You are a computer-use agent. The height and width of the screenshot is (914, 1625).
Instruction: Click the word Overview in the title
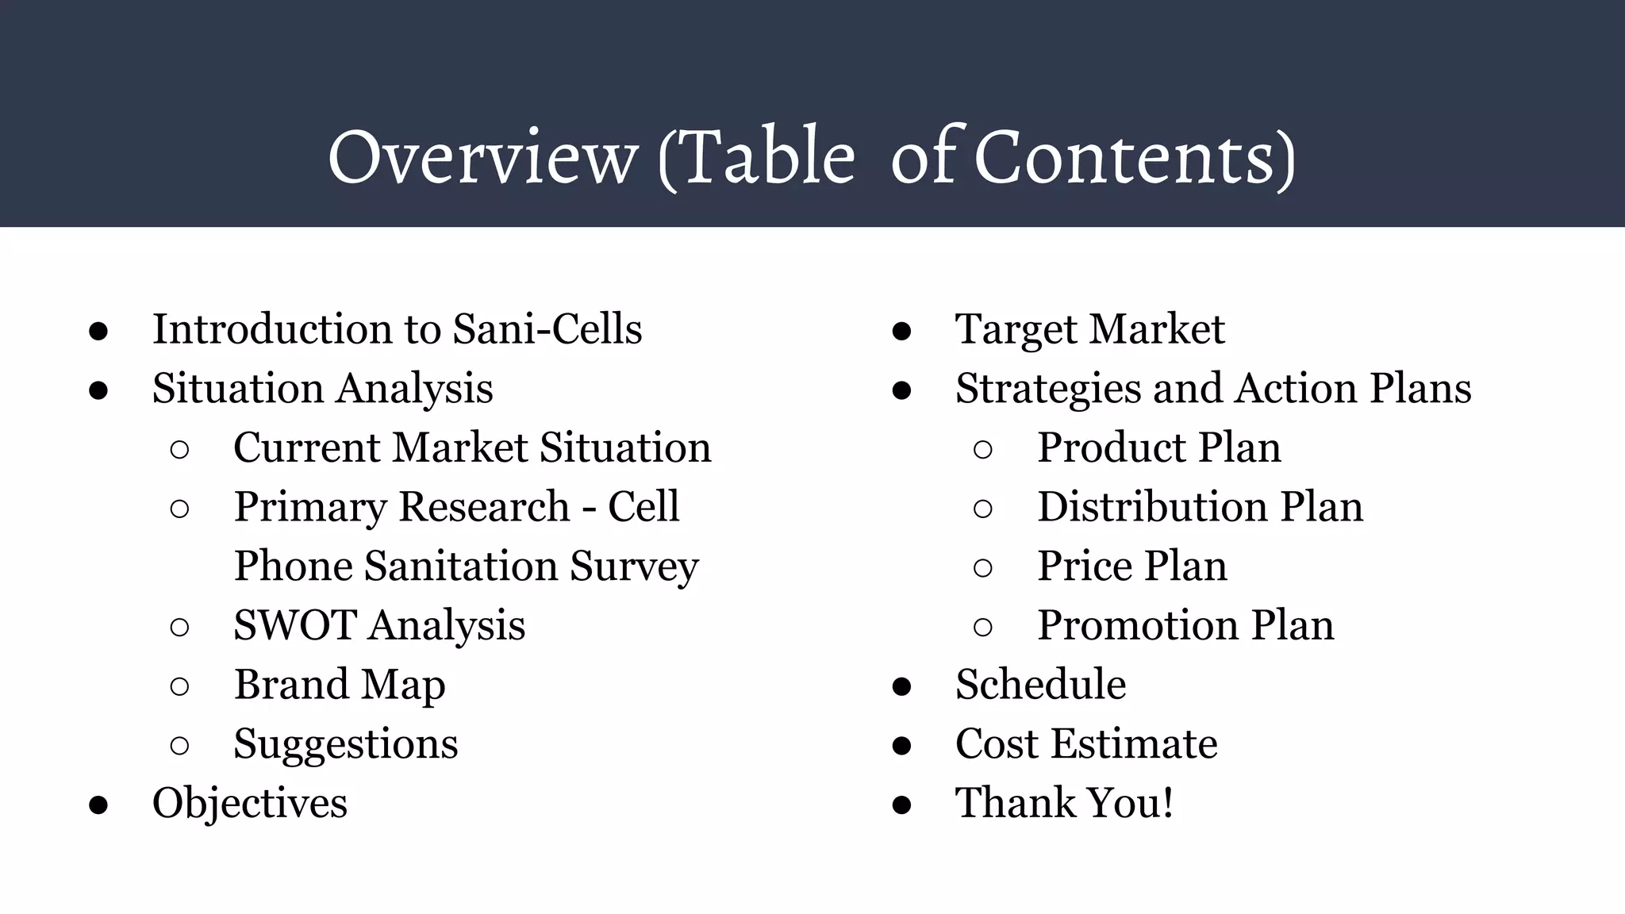click(482, 157)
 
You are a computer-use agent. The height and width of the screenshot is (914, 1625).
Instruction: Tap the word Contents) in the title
click(1135, 157)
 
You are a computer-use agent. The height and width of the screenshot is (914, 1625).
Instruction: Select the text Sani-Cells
click(547, 329)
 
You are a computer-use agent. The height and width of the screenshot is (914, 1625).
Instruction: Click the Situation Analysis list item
click(322, 389)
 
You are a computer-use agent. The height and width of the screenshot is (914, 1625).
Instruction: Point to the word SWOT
click(294, 625)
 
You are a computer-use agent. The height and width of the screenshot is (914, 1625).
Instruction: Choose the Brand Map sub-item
click(339, 685)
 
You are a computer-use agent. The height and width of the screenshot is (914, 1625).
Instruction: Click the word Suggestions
click(345, 744)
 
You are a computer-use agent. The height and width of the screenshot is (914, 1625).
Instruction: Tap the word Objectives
click(249, 803)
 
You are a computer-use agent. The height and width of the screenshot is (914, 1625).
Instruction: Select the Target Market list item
click(1089, 329)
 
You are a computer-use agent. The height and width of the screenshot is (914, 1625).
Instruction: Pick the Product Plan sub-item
click(1158, 447)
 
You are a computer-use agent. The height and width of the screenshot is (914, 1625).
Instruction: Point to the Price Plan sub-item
click(1131, 566)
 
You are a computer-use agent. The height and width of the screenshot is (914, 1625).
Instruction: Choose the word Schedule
click(1040, 685)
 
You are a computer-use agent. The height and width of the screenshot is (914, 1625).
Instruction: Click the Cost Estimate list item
click(1085, 744)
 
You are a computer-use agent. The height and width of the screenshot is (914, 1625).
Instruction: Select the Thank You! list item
click(1064, 803)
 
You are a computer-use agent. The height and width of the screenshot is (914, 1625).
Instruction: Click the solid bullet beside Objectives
click(98, 805)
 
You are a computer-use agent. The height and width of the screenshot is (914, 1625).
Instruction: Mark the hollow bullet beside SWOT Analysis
click(179, 628)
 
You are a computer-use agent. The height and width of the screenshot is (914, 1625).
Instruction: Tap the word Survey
click(634, 566)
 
